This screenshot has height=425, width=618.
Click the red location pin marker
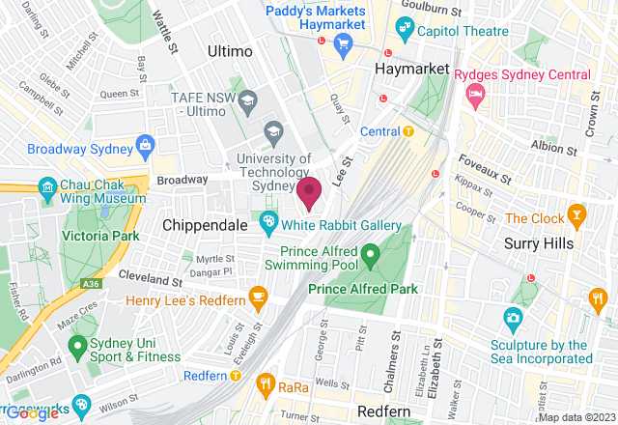click(x=309, y=192)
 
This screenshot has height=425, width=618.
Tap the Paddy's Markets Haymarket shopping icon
click(x=341, y=43)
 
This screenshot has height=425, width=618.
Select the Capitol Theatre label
click(x=458, y=30)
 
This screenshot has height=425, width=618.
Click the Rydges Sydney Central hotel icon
click(x=474, y=94)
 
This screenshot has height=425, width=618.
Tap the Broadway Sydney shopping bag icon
click(x=145, y=147)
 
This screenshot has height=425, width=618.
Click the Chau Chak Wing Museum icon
click(x=45, y=187)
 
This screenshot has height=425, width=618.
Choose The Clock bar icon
click(x=576, y=214)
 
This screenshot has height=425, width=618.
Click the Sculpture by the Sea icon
click(x=513, y=317)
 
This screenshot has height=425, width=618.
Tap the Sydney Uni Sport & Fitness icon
click(x=76, y=345)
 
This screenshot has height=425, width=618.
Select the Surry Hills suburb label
click(x=539, y=243)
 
